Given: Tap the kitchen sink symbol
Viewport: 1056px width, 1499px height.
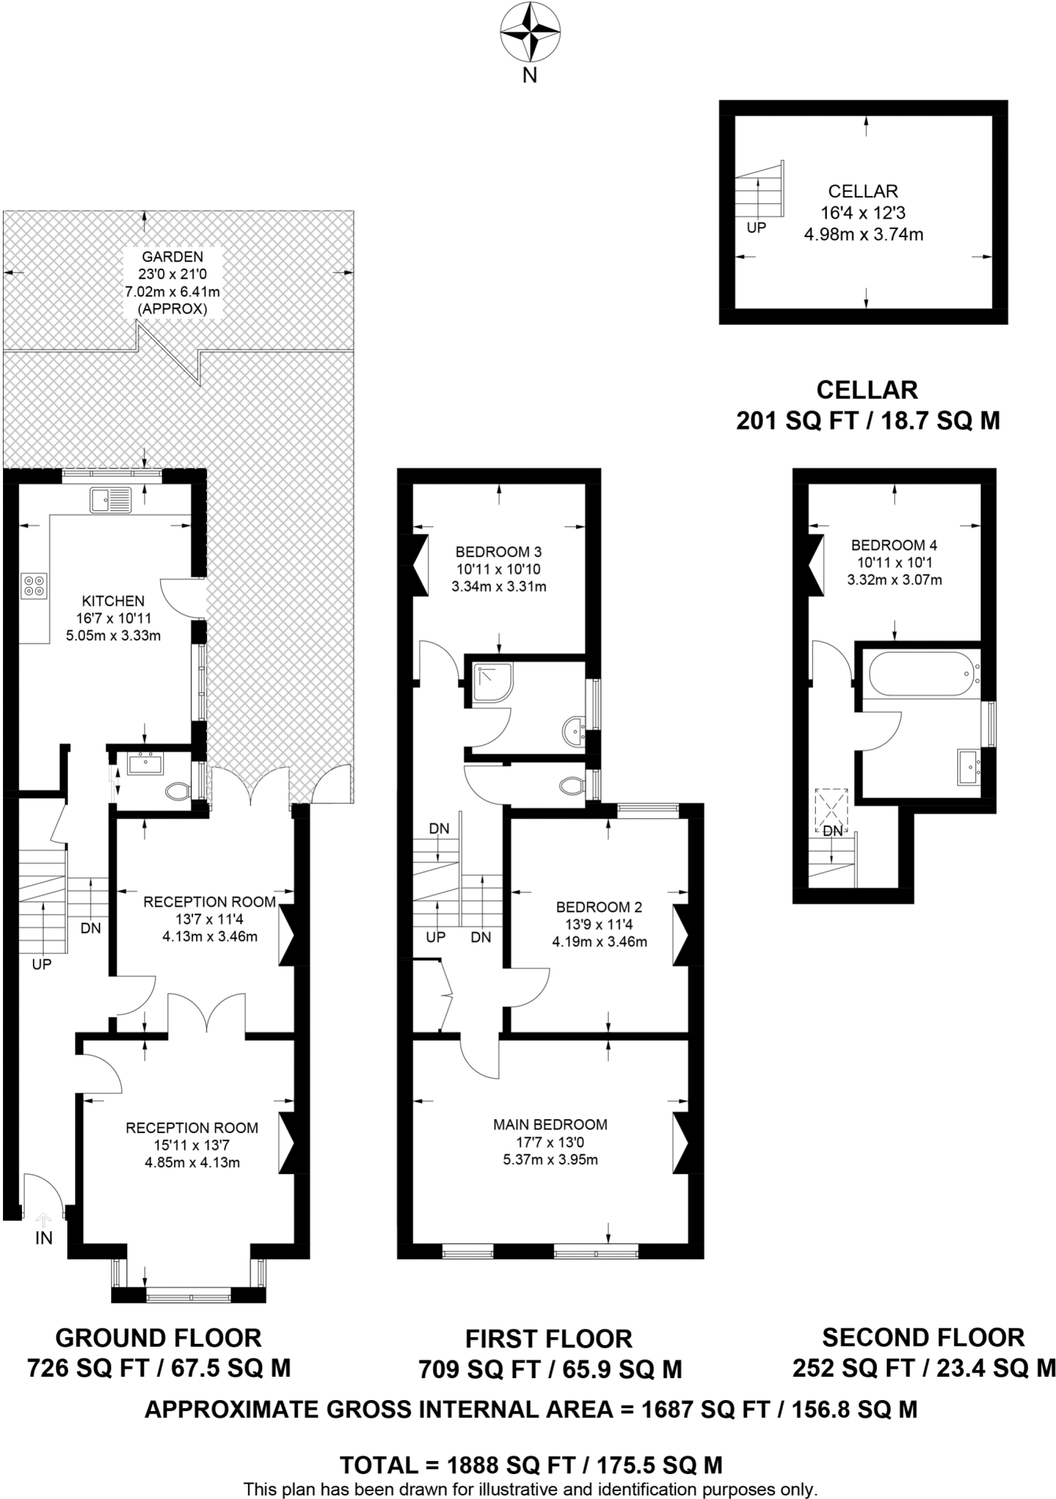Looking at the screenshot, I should pos(111,501).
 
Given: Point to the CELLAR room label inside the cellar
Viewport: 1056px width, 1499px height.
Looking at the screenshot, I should pos(863,191).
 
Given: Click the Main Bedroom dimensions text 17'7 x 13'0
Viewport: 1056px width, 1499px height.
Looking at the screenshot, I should pos(550,1142).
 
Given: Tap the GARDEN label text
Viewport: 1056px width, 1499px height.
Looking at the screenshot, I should pos(172,257).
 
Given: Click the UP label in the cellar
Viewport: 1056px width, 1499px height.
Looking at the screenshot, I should pos(756,228).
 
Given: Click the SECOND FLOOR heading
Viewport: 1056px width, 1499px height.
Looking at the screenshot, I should pos(923,1337).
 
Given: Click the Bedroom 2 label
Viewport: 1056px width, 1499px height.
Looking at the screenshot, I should pos(599,907).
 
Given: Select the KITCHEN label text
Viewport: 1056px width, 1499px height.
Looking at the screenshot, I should pos(113,601).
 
